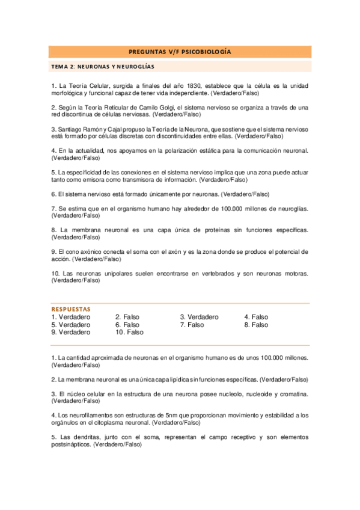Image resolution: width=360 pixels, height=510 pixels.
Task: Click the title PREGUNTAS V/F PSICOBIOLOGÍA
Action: [180, 52]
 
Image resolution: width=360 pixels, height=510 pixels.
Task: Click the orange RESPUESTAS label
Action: [71, 309]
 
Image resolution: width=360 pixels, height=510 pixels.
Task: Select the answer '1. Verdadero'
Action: [71, 317]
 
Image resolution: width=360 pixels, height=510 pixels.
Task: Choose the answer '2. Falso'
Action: [127, 317]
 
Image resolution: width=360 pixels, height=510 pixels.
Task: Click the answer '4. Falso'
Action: [256, 317]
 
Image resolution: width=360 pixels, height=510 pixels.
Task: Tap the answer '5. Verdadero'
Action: [71, 325]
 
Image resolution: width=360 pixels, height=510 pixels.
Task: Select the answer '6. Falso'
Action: [127, 325]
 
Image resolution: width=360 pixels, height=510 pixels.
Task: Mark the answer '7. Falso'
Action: [192, 325]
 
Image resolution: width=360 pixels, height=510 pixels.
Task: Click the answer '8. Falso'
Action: [256, 325]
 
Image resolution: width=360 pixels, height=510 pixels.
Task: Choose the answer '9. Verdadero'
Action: [71, 332]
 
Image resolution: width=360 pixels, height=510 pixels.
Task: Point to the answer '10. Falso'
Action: [129, 332]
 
